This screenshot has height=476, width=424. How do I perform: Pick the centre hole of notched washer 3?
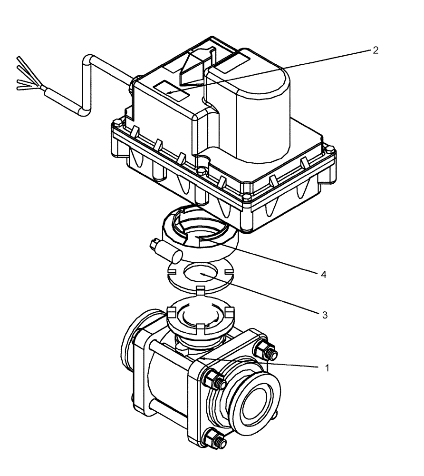[x=200, y=275]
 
